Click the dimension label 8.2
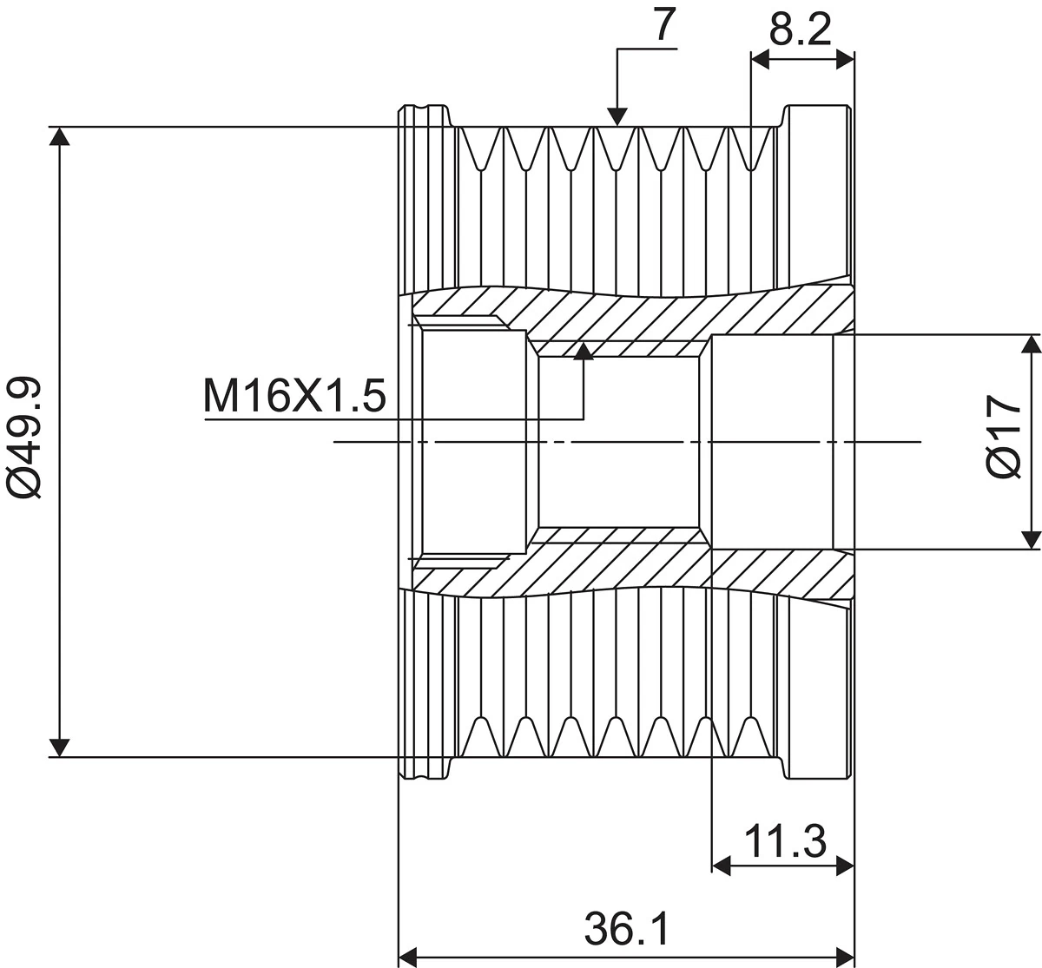tap(800, 30)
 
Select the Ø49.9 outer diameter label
tap(23, 437)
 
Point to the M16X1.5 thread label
tap(294, 396)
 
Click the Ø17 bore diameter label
tap(1004, 437)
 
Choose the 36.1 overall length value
tap(626, 929)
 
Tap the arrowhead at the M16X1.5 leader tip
tap(584, 351)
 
